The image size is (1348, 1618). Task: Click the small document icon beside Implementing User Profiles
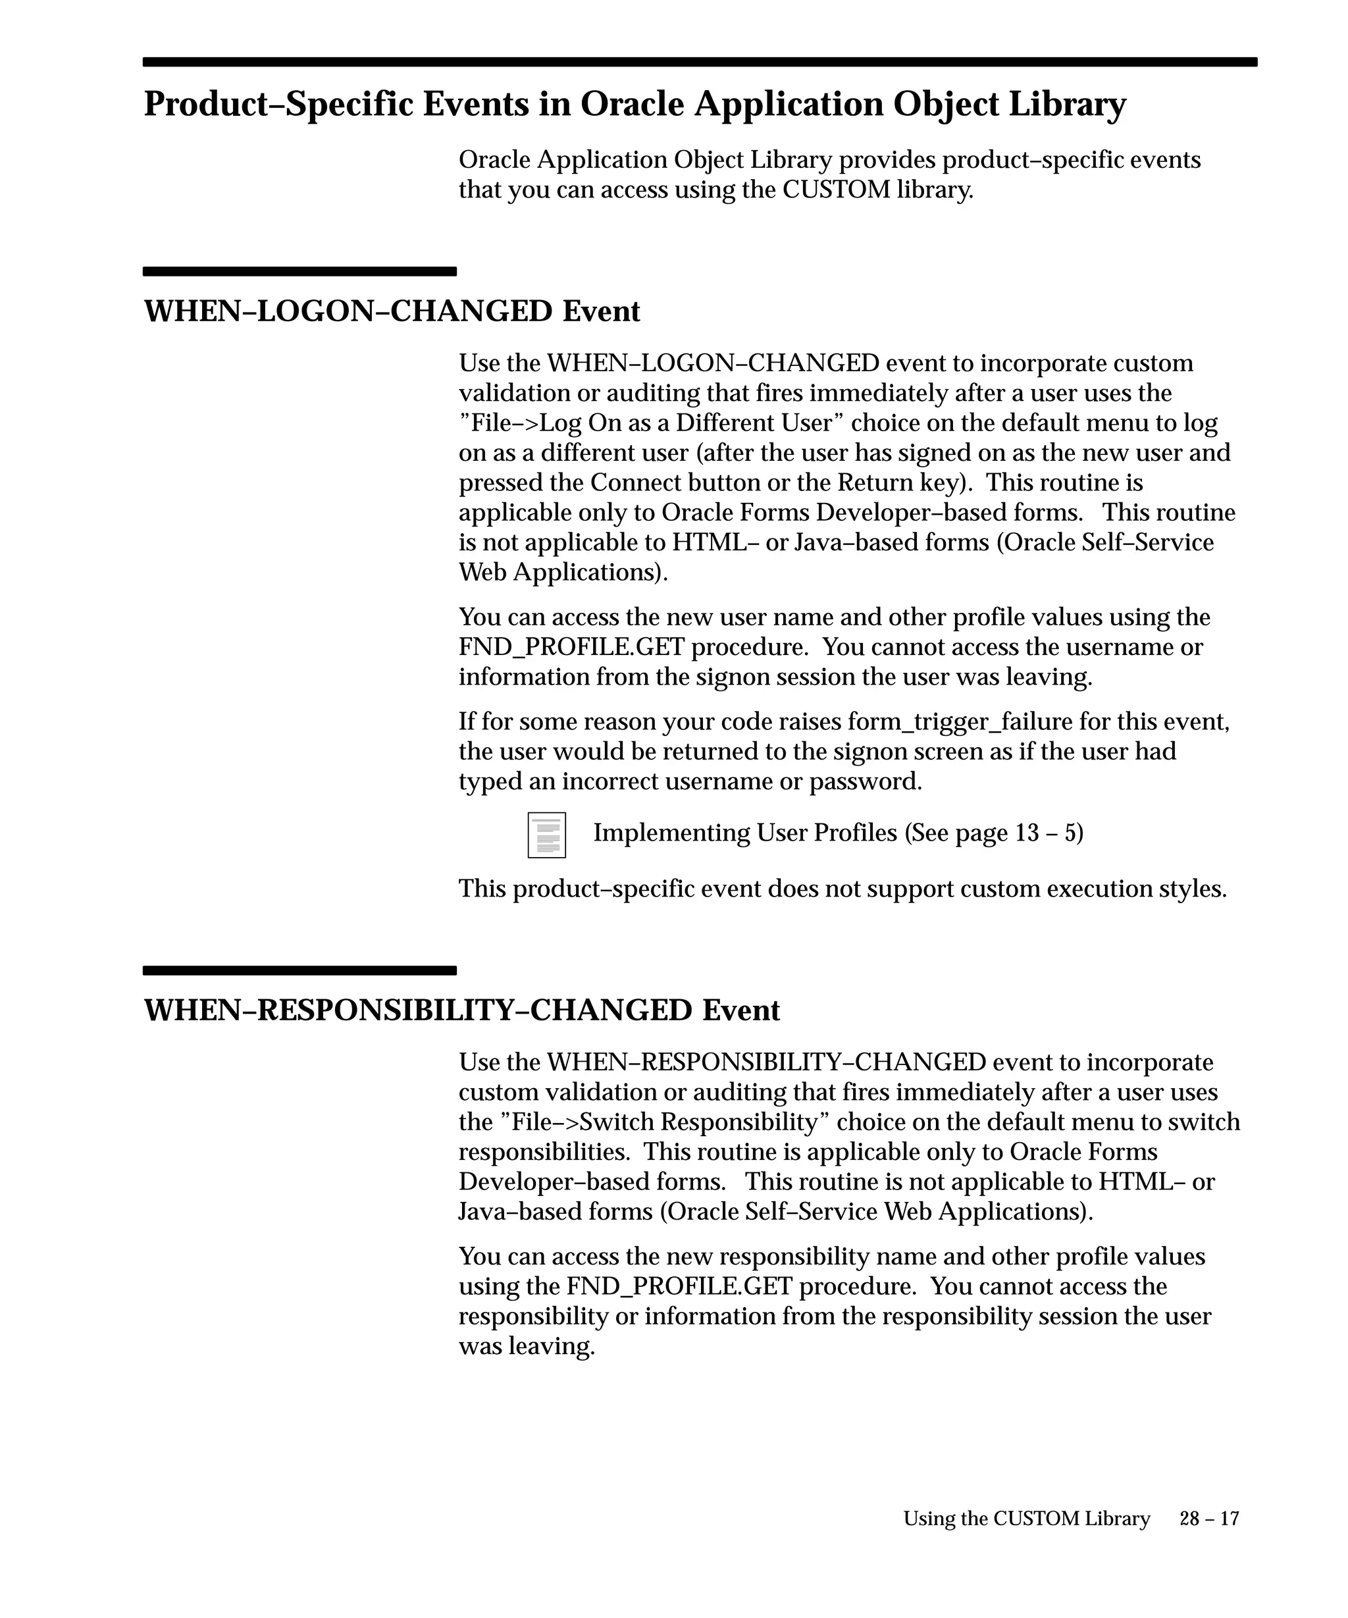546,835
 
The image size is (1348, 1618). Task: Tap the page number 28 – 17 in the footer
1208,1518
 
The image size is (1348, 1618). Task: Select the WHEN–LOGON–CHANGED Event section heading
392,311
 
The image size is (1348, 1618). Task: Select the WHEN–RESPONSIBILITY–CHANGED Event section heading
461,1010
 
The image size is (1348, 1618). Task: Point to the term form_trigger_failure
960,721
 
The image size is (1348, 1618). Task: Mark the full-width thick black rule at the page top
700,62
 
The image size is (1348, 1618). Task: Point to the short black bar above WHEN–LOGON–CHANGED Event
299,271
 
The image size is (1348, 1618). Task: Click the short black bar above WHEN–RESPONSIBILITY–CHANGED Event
299,970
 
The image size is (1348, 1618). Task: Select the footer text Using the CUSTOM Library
1026,1518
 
